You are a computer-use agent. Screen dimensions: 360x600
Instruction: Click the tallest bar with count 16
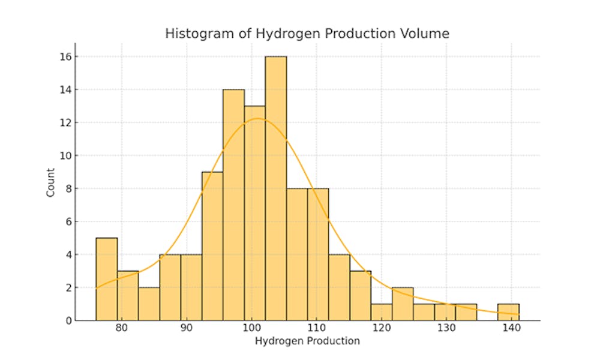point(275,188)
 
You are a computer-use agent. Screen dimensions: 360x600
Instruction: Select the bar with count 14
point(233,205)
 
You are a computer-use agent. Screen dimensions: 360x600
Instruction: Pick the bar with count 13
point(254,213)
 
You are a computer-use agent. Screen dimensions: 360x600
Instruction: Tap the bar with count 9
point(212,246)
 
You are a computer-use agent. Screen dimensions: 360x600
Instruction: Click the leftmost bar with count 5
point(107,279)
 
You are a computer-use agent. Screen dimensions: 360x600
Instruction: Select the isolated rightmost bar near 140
point(508,312)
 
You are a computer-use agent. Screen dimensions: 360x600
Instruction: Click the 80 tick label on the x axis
point(122,328)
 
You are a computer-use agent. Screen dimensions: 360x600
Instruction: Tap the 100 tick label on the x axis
point(251,328)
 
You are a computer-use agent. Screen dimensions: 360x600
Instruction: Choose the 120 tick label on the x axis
point(381,328)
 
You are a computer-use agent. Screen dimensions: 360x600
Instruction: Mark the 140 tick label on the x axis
point(511,328)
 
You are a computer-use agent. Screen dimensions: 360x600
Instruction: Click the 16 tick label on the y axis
point(65,57)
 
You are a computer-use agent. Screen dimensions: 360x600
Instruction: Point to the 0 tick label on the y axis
point(68,320)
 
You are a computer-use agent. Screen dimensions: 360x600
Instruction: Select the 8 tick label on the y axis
point(68,189)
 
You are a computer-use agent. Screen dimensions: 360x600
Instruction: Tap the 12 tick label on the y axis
point(65,123)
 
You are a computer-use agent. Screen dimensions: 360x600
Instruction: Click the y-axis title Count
point(51,182)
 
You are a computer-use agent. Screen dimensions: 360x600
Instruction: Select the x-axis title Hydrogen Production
point(307,341)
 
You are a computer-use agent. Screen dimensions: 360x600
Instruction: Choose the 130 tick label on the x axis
point(446,328)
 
